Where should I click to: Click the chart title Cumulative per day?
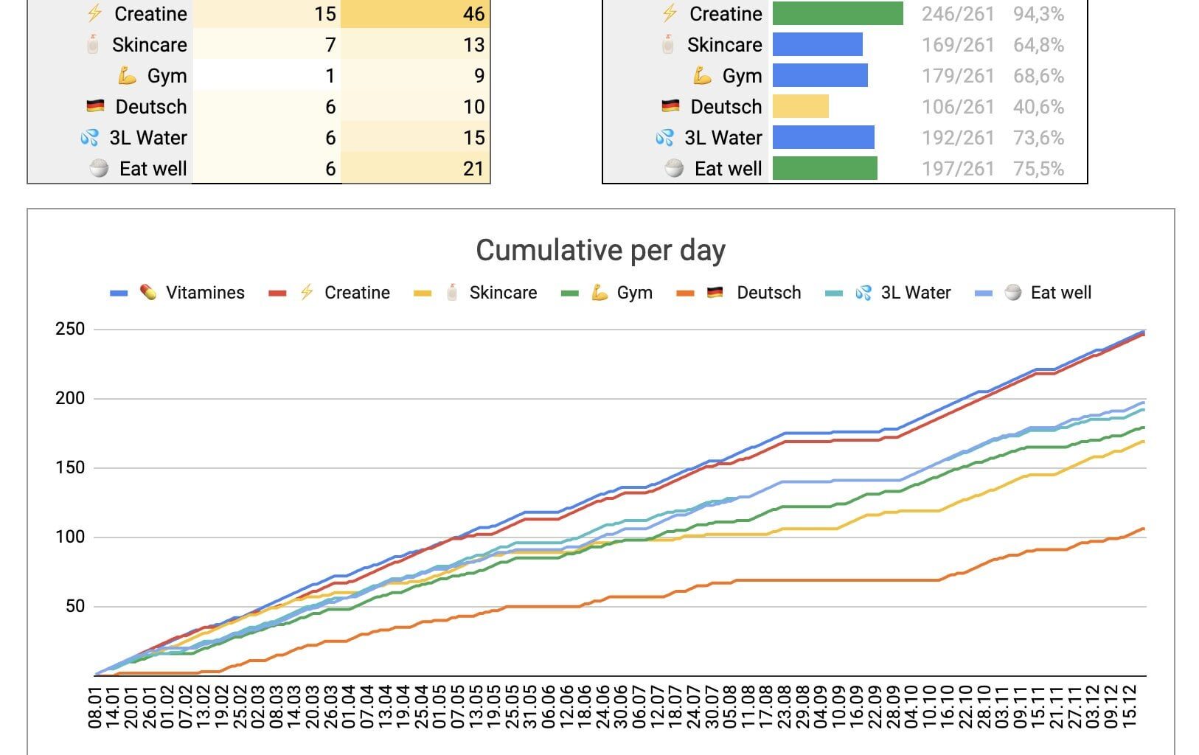pos(600,251)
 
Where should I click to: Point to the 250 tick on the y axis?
pos(70,329)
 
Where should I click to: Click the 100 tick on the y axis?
pos(70,537)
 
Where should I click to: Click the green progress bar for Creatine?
pos(838,14)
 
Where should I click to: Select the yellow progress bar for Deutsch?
pos(801,107)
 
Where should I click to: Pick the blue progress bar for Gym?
pos(820,76)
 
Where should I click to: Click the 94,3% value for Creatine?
pos(1038,14)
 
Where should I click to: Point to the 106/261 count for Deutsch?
pos(958,107)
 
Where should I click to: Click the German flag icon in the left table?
pos(95,107)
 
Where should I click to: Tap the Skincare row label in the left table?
pos(149,45)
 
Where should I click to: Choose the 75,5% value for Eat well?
pos(1038,169)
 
